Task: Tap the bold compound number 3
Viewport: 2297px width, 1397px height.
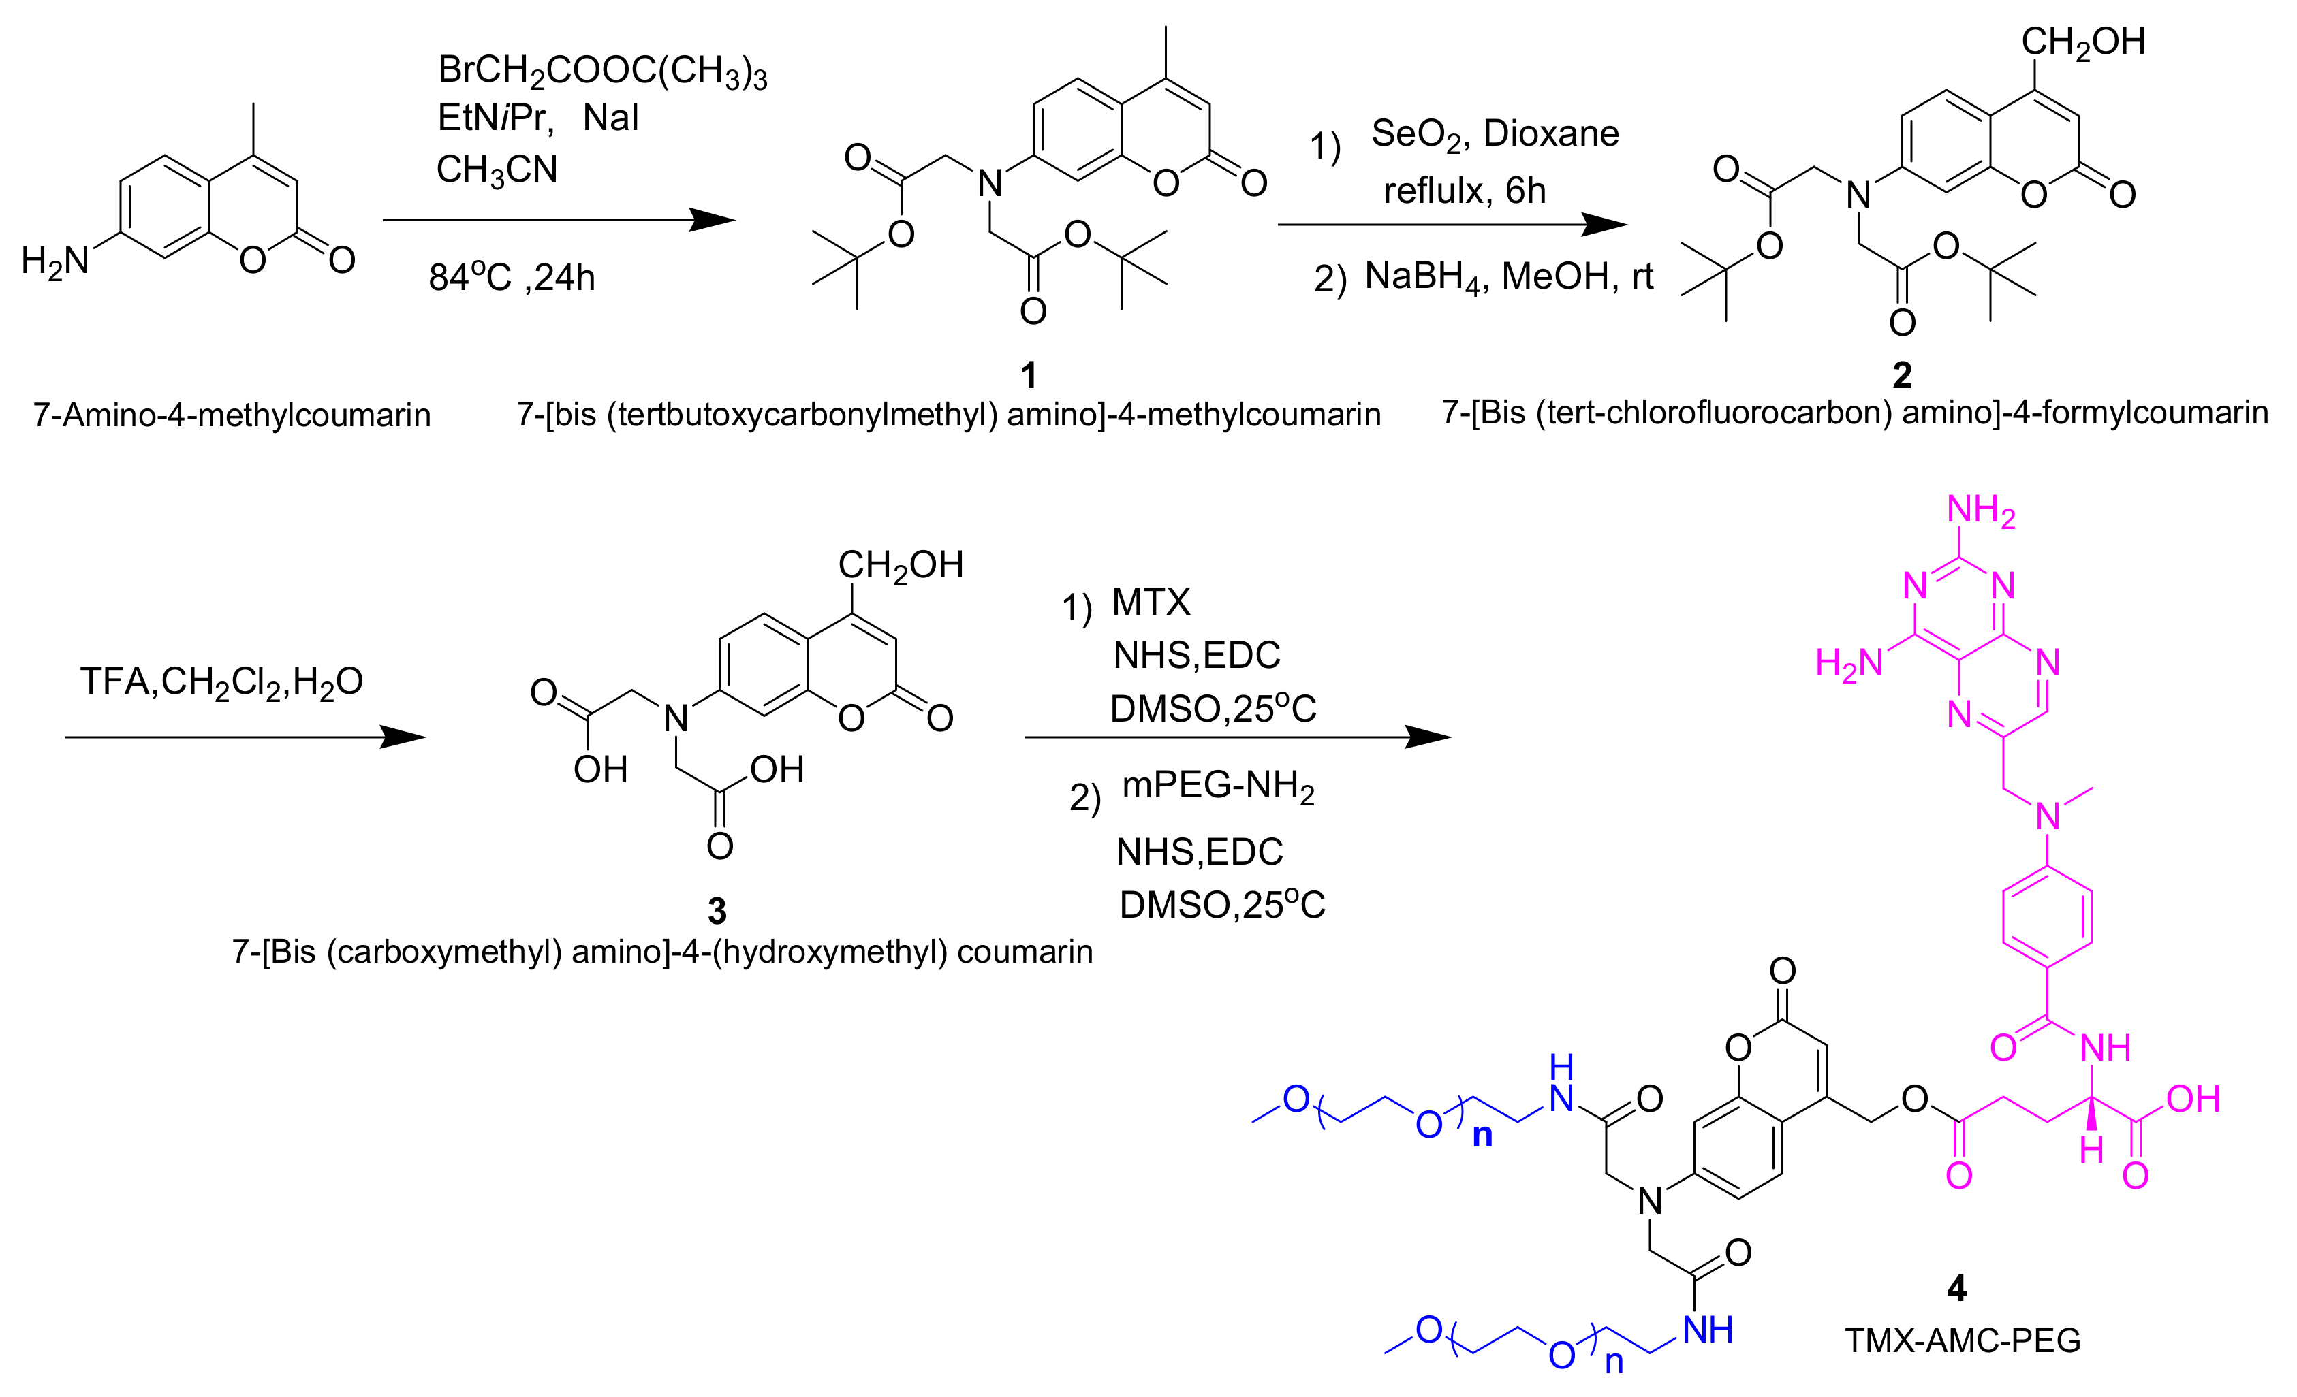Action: [716, 910]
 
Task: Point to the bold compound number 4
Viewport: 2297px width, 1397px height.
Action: [1956, 1288]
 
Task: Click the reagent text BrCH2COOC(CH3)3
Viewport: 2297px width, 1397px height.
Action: [602, 71]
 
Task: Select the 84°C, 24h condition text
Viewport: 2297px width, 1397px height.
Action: [511, 277]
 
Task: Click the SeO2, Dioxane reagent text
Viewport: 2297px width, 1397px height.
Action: [1495, 134]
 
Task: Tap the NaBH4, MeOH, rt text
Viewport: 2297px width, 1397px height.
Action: [1508, 277]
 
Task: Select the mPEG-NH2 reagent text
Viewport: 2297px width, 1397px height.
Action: [1217, 788]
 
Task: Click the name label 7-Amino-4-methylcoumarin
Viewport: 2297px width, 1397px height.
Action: [232, 415]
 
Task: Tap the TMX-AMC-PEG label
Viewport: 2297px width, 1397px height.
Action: [1963, 1340]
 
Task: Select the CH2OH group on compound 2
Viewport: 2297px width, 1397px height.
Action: [2082, 42]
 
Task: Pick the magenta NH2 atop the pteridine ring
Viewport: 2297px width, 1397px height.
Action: [1980, 511]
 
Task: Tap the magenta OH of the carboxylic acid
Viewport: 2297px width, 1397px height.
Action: [2193, 1099]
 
